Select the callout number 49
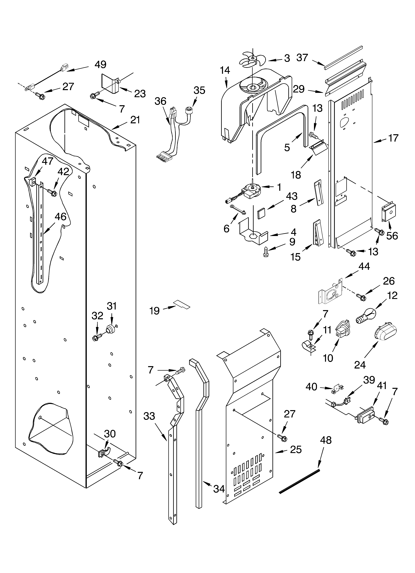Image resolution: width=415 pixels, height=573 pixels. (100, 65)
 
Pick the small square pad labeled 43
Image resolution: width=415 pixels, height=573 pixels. (261, 213)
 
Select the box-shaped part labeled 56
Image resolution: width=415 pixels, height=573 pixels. (388, 213)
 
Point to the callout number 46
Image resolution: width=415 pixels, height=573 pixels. (60, 217)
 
